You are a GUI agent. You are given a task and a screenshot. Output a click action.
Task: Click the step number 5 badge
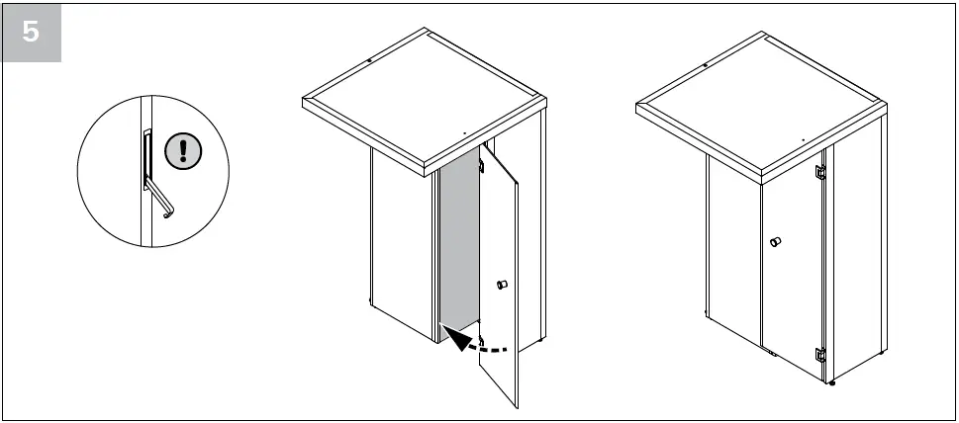tap(32, 32)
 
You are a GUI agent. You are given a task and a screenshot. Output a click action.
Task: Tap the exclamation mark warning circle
tap(183, 149)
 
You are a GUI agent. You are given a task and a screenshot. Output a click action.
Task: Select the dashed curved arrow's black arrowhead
tap(457, 341)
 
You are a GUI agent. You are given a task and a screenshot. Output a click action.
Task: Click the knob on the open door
tap(501, 286)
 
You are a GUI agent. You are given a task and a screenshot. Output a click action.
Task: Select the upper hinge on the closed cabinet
tap(819, 171)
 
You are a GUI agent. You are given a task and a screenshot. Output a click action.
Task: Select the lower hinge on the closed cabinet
tap(819, 355)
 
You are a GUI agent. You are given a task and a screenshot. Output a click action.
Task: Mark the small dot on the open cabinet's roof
tap(464, 129)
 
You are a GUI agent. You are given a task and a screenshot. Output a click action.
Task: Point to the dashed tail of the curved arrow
tap(495, 348)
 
